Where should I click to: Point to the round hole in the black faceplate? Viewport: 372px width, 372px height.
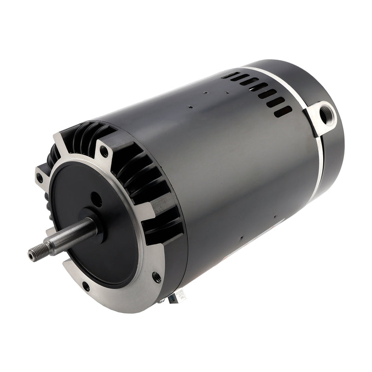[x=97, y=199]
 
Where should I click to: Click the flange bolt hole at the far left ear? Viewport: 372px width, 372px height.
[x=40, y=177]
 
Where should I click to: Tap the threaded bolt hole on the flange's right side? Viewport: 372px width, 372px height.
[x=157, y=277]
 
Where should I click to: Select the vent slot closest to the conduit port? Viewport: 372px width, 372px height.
[x=283, y=112]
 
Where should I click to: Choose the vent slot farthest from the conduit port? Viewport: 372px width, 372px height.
[x=228, y=74]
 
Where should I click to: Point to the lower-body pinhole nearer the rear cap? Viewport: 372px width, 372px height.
[x=275, y=216]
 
